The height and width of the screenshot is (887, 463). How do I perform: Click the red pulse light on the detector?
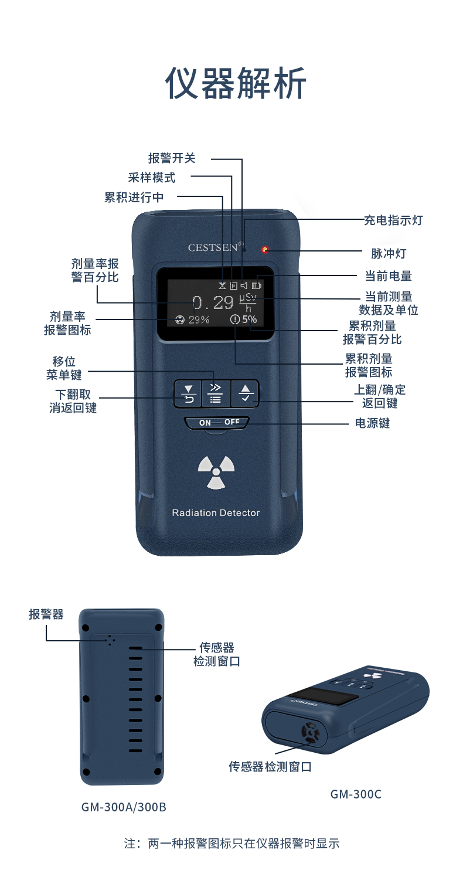click(265, 250)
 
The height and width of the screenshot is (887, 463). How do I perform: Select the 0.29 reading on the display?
click(213, 303)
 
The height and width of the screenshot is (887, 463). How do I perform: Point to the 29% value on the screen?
click(199, 320)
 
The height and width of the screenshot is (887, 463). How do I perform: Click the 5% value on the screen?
click(249, 319)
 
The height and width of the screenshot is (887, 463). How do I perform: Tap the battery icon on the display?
click(257, 285)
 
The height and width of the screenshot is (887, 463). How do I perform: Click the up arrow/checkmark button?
click(246, 393)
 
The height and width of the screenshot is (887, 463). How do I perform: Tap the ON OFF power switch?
click(217, 423)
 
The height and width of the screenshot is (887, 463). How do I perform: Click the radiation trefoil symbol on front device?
click(216, 472)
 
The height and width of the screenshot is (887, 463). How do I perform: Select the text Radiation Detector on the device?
click(216, 513)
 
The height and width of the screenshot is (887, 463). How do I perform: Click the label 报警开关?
click(172, 158)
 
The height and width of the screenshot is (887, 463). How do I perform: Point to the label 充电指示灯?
click(393, 220)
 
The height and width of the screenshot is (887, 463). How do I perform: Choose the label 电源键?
click(372, 423)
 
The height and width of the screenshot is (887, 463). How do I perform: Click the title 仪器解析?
click(236, 83)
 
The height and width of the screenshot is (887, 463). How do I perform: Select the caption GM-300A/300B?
click(124, 807)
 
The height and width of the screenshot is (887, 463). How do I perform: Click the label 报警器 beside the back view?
click(46, 614)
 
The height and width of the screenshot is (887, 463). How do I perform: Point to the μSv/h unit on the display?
click(248, 303)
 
